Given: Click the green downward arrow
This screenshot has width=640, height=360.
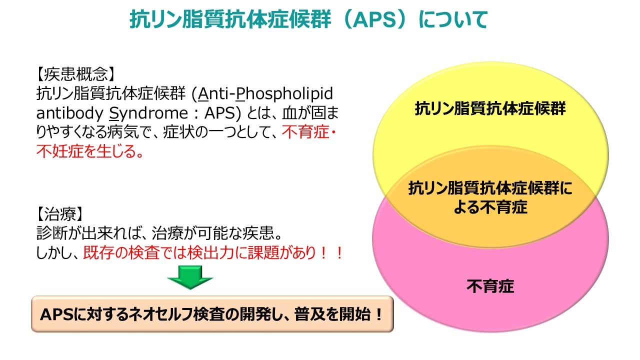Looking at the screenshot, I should pyautogui.click(x=190, y=277).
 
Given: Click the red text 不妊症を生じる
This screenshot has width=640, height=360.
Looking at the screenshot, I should pyautogui.click(x=89, y=151).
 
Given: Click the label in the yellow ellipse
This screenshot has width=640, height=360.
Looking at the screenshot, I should pyautogui.click(x=490, y=109).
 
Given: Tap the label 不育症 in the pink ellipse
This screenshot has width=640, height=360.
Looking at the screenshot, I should pyautogui.click(x=490, y=286).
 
